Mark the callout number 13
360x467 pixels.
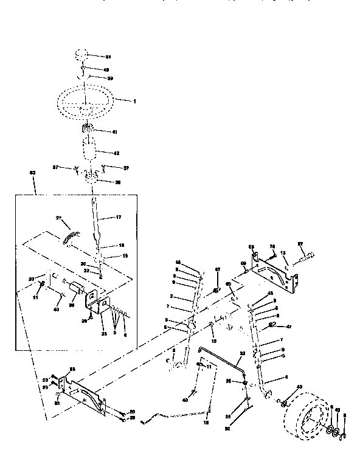[283, 253]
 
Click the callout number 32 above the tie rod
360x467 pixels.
[241, 354]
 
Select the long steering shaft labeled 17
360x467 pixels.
[96, 222]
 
